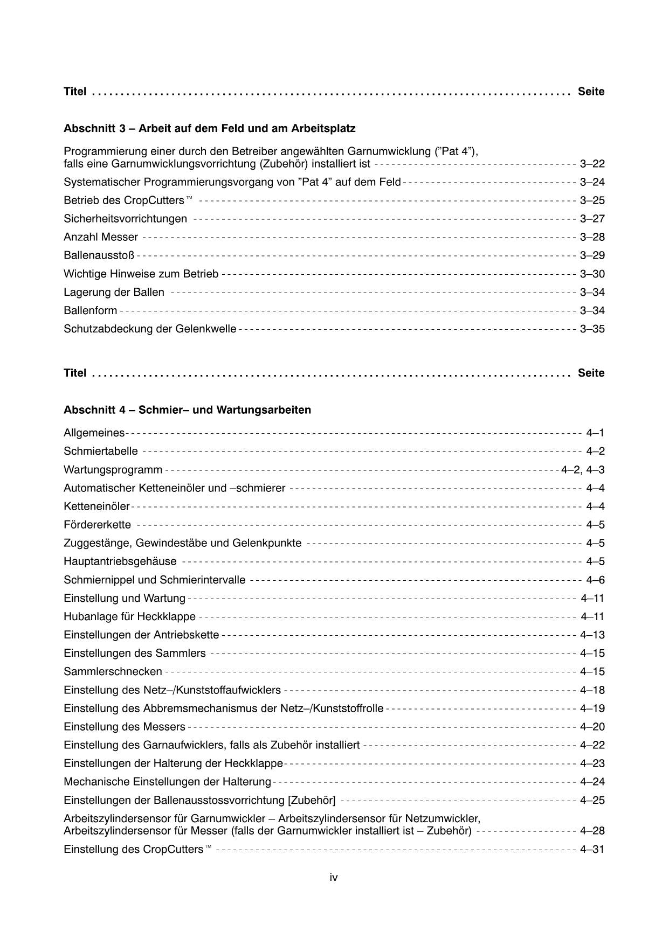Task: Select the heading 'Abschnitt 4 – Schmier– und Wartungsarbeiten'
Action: [187, 410]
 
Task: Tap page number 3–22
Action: [592, 164]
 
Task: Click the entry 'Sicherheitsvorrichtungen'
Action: [125, 219]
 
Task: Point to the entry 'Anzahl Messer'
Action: [101, 237]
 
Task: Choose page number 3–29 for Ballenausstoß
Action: [592, 255]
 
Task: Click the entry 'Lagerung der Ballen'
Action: [114, 292]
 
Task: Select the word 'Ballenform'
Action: [90, 310]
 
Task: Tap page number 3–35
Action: [592, 329]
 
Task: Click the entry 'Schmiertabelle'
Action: [101, 451]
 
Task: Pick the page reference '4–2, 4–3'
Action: [583, 470]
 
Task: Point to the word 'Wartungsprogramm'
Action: [113, 470]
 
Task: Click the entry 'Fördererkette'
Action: [97, 525]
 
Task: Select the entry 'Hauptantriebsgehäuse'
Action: [120, 561]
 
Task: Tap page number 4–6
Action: [595, 580]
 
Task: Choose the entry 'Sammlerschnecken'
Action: [113, 672]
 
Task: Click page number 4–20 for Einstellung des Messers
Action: [592, 727]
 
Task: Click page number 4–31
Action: [592, 850]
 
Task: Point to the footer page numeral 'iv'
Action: [334, 878]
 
